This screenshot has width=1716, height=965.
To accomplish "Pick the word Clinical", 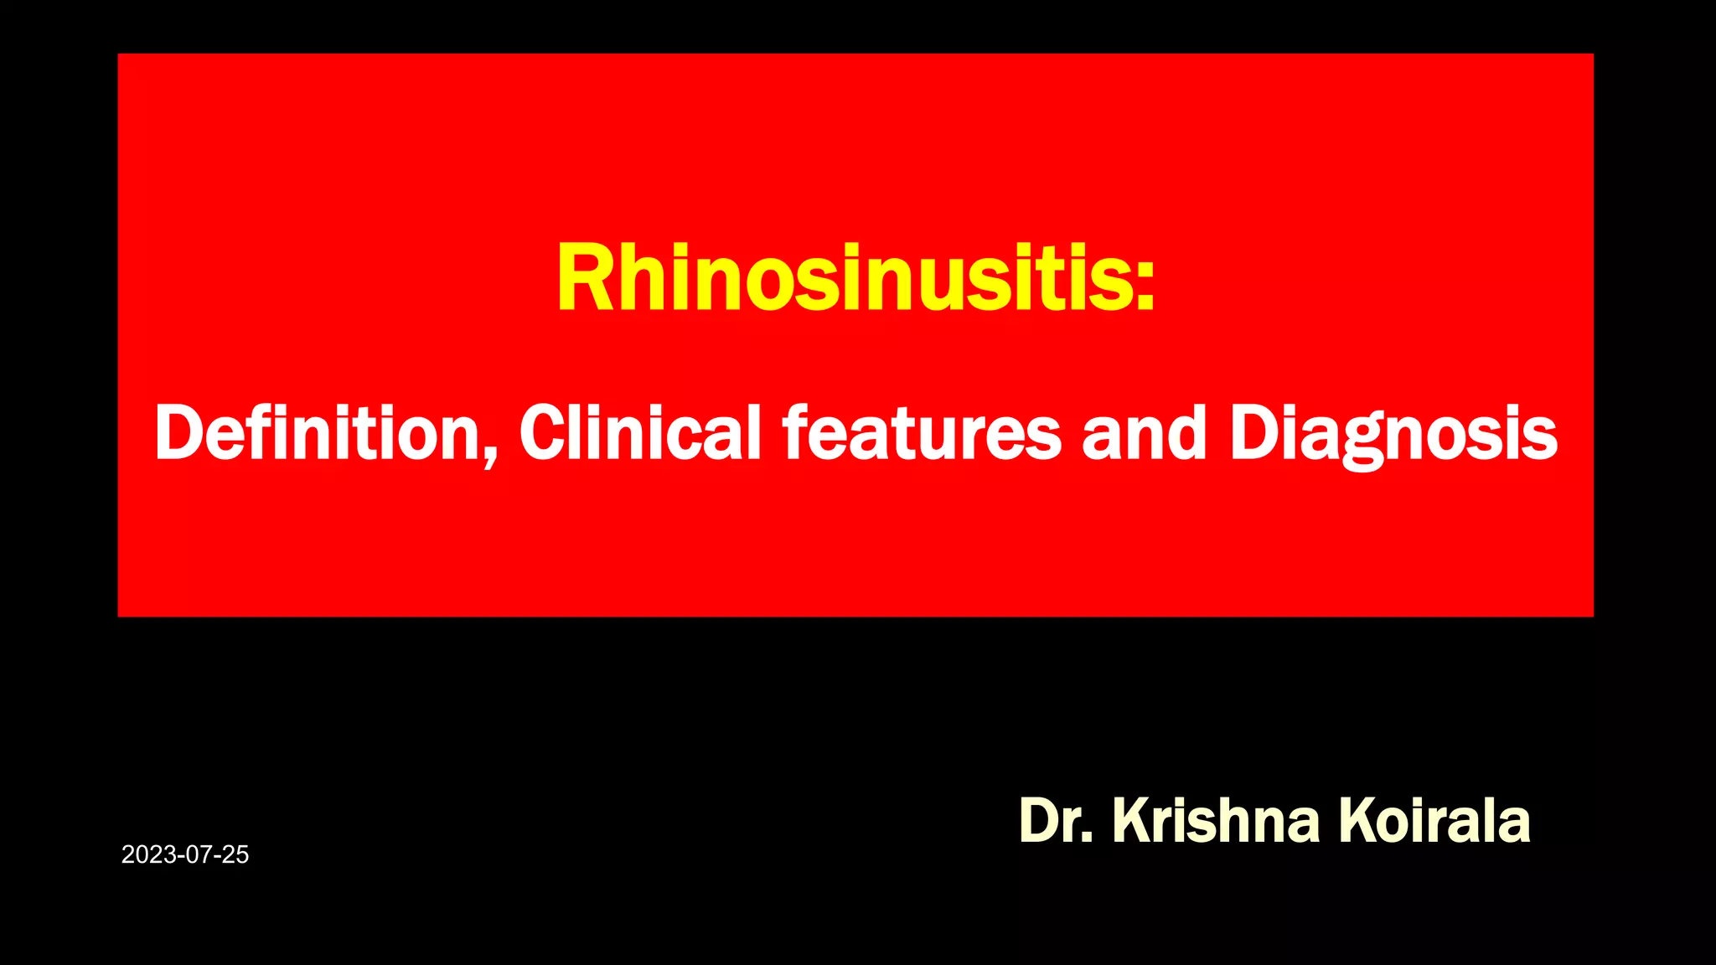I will point(640,433).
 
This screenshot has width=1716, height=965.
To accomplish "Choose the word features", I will point(922,433).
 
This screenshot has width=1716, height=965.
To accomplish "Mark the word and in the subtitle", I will point(1144,433).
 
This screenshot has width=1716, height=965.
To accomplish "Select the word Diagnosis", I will point(1393,433).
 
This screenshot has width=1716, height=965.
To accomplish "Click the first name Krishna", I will point(1216,820).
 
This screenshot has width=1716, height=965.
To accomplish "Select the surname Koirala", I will point(1434,820).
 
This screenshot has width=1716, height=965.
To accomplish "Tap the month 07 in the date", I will point(194,854).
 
